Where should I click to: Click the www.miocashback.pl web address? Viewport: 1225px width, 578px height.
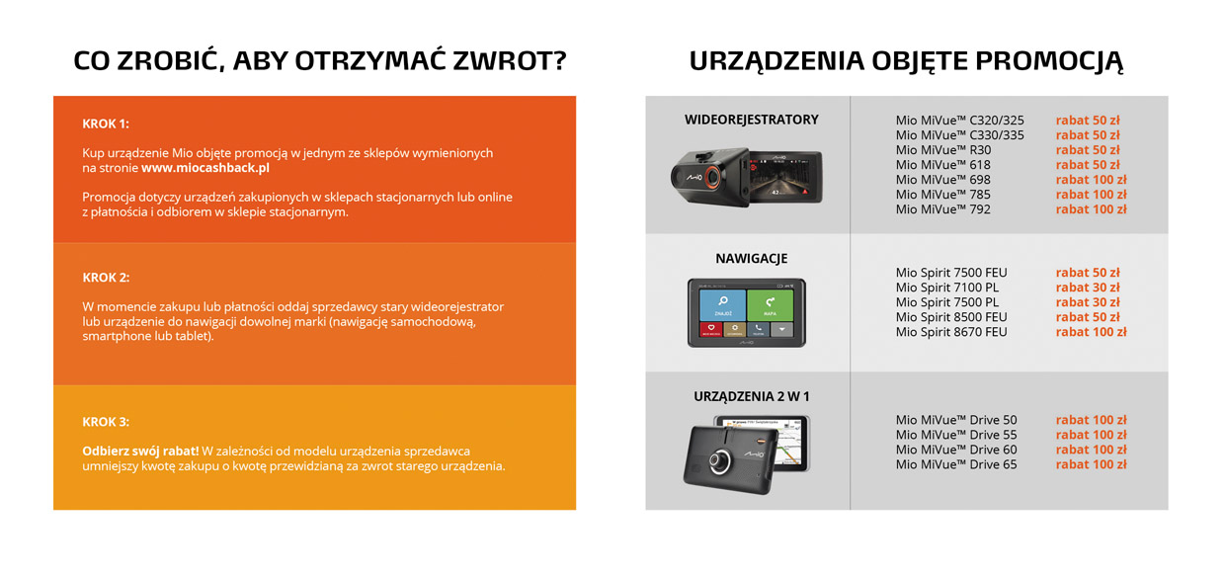[x=205, y=168]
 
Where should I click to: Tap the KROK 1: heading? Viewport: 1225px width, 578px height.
[x=106, y=124]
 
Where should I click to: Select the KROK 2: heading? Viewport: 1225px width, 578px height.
[x=106, y=278]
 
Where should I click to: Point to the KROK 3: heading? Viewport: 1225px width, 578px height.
[x=106, y=422]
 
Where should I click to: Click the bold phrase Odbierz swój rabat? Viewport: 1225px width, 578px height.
[x=140, y=452]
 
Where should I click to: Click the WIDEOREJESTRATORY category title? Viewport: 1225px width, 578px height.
[x=752, y=120]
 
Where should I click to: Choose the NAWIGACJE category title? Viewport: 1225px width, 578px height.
[x=752, y=258]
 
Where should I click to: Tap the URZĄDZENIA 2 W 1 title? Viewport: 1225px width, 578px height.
[x=752, y=396]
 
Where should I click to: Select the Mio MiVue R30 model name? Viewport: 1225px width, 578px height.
[x=943, y=150]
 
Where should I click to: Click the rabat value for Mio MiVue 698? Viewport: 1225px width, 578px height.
[x=1091, y=180]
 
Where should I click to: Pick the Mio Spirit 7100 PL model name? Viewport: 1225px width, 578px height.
[x=947, y=288]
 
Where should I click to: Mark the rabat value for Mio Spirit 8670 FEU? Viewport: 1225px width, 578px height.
[x=1091, y=331]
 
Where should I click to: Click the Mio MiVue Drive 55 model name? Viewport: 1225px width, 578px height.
[x=956, y=435]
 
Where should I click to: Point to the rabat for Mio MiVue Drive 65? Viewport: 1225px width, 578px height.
[x=1091, y=464]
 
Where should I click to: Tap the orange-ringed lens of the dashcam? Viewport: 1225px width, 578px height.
[x=712, y=177]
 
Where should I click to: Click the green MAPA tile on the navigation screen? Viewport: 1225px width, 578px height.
[x=770, y=305]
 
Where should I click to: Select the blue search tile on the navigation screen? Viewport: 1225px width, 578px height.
[x=723, y=305]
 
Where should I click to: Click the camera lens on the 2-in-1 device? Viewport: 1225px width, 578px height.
[x=718, y=461]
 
